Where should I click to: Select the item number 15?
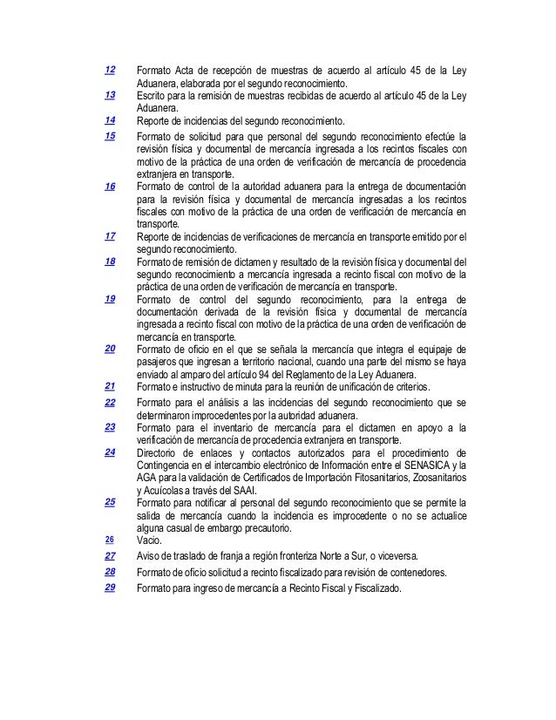[x=110, y=136]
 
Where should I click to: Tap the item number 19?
[x=110, y=298]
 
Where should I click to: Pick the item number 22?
[x=110, y=402]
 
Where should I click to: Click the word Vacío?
[x=150, y=540]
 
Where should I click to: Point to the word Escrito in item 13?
[x=152, y=95]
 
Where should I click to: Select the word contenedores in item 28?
[x=415, y=572]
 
